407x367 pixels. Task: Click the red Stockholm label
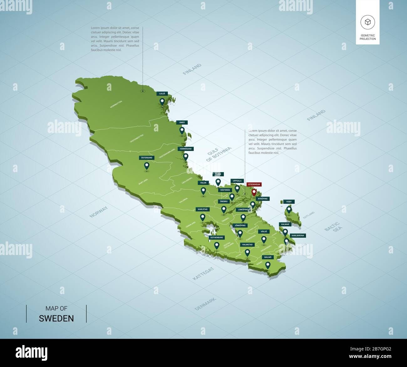point(254,185)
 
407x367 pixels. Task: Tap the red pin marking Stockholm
point(254,191)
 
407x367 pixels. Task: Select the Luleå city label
point(162,94)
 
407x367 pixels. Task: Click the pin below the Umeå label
point(182,130)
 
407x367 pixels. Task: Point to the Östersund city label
point(147,158)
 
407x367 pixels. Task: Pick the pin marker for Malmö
point(268,265)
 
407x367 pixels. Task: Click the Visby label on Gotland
point(289,202)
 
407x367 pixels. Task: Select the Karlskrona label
point(298,236)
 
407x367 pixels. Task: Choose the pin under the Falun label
point(203,191)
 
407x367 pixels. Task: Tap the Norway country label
point(99,212)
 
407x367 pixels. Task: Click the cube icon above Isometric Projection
point(368,22)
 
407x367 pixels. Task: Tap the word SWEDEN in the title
point(56,319)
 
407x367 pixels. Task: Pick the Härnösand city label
point(186,149)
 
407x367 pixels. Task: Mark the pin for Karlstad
point(203,217)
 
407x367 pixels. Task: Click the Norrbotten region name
point(116,104)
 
